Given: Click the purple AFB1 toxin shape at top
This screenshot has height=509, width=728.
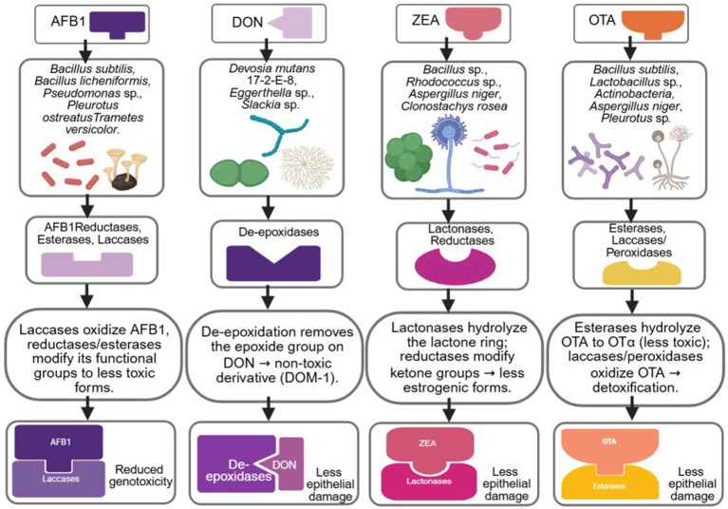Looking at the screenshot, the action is point(118,24).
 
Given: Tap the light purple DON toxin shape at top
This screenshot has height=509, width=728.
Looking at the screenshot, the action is point(292,23).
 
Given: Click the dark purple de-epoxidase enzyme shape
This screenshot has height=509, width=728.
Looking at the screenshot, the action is point(273,263).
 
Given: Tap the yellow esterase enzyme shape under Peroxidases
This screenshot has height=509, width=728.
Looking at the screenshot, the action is point(642,273).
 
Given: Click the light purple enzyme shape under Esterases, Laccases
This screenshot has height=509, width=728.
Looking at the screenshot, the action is point(87,265).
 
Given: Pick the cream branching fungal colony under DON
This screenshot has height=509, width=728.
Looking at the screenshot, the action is point(308,167).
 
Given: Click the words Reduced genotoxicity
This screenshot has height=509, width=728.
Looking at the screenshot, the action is point(140,476).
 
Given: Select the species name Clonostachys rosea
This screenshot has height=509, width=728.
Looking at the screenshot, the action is point(454,106).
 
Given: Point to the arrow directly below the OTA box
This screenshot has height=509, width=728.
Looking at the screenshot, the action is point(630,47).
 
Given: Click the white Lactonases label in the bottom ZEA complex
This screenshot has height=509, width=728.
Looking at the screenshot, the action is point(429,481).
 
